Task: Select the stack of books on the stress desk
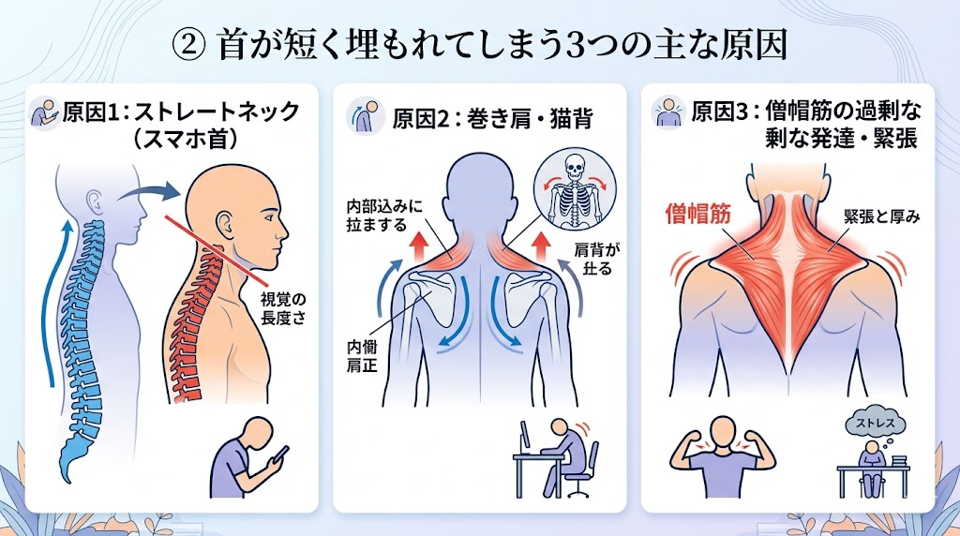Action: coord(897,462)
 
